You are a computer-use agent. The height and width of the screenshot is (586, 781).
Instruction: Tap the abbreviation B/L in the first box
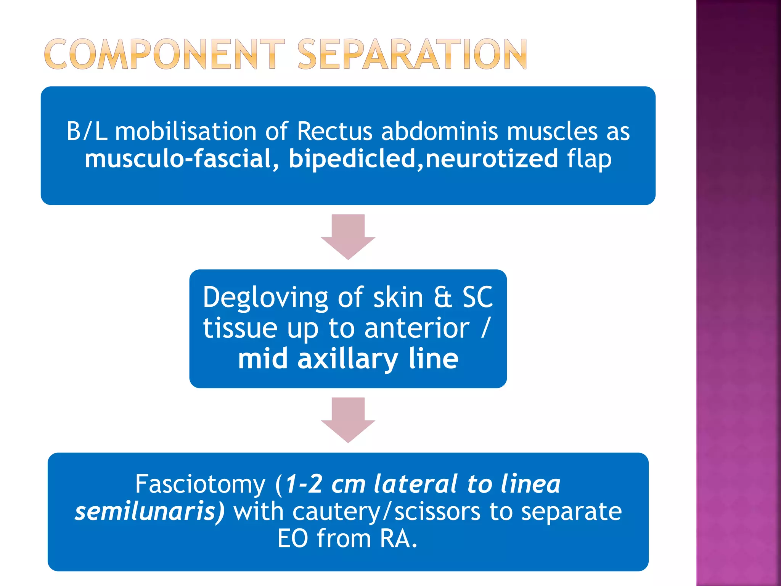(x=87, y=132)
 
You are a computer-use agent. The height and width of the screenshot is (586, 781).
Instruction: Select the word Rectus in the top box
(x=334, y=132)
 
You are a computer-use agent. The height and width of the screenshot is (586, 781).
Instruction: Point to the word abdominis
(x=439, y=132)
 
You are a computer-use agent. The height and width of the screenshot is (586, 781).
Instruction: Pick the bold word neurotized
(x=492, y=159)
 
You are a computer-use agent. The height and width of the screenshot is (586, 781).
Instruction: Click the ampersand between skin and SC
(x=443, y=298)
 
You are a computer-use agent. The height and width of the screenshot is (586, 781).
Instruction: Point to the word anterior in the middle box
(x=416, y=328)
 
